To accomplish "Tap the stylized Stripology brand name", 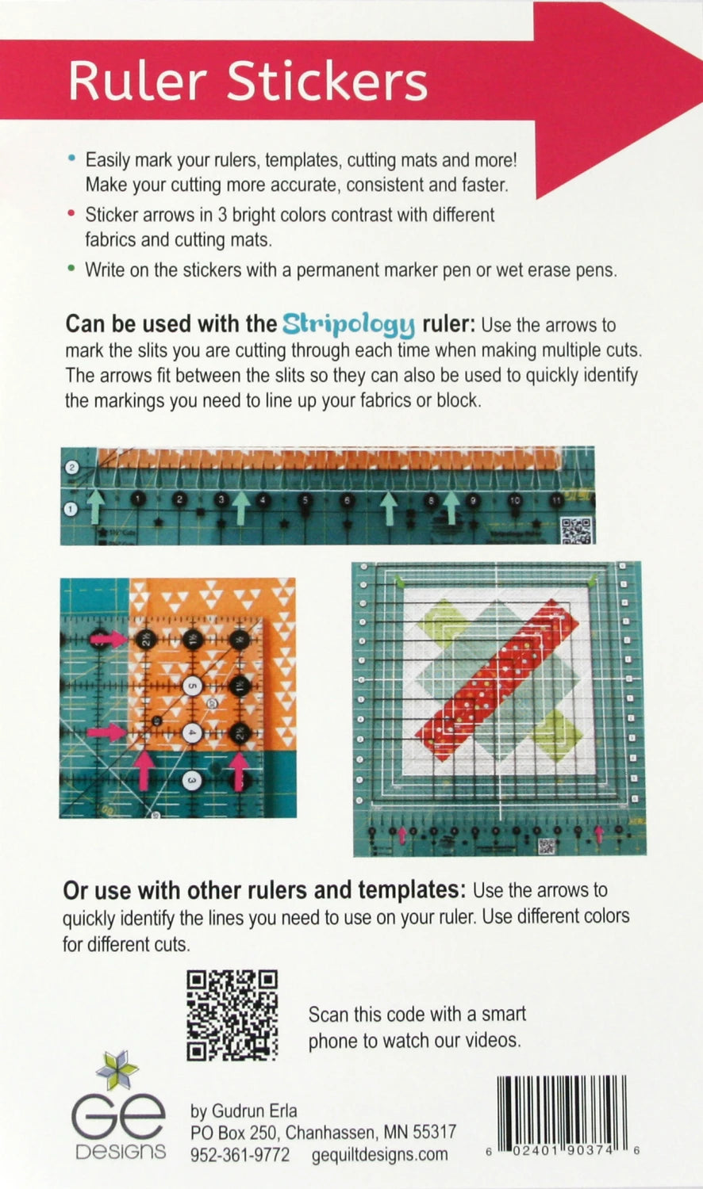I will (348, 323).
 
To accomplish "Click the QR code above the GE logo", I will (232, 1015).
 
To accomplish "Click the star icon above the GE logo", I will (117, 1070).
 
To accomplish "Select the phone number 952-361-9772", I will (240, 1155).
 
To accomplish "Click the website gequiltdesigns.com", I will (379, 1155).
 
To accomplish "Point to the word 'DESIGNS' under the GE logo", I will (121, 1152).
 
